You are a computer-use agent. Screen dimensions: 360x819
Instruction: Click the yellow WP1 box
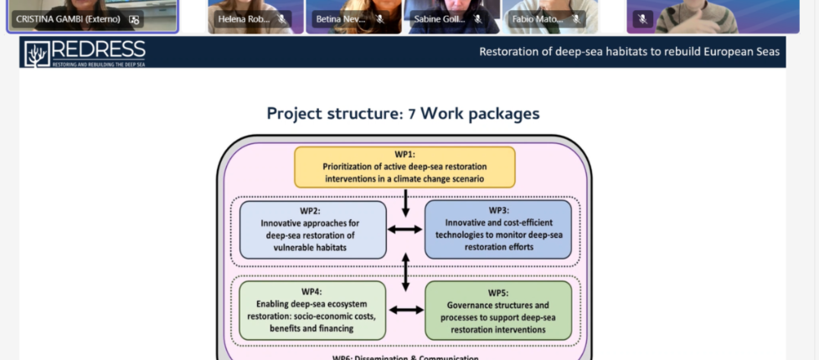click(x=404, y=167)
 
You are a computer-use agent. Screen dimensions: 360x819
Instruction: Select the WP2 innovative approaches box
click(x=313, y=229)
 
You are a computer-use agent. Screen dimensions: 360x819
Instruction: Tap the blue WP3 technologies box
click(x=498, y=229)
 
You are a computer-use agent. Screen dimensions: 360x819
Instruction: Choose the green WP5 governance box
click(x=498, y=310)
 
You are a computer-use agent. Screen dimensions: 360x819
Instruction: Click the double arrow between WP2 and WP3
click(x=405, y=229)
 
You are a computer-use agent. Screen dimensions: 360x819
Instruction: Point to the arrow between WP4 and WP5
click(x=405, y=310)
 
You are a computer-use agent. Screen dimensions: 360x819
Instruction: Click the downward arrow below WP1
click(x=405, y=201)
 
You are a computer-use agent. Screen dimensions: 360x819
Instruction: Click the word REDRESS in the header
click(x=98, y=49)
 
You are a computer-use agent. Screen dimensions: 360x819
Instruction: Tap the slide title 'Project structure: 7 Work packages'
click(x=403, y=113)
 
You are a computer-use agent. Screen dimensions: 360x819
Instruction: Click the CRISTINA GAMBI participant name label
click(x=68, y=18)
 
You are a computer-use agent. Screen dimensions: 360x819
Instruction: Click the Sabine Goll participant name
click(x=438, y=18)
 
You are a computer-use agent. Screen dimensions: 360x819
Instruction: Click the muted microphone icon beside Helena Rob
click(x=282, y=18)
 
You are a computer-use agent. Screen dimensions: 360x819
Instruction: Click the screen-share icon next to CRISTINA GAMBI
click(x=134, y=18)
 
